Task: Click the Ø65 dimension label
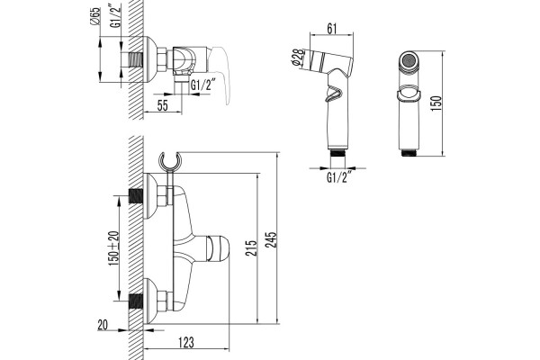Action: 96,16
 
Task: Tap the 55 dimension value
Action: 163,106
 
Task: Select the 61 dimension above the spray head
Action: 331,29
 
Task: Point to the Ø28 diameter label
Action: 298,57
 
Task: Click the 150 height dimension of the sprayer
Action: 436,103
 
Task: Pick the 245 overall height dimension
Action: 272,239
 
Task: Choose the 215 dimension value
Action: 251,247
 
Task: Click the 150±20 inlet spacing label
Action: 114,248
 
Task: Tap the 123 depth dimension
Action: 186,342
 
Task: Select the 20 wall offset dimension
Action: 103,325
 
